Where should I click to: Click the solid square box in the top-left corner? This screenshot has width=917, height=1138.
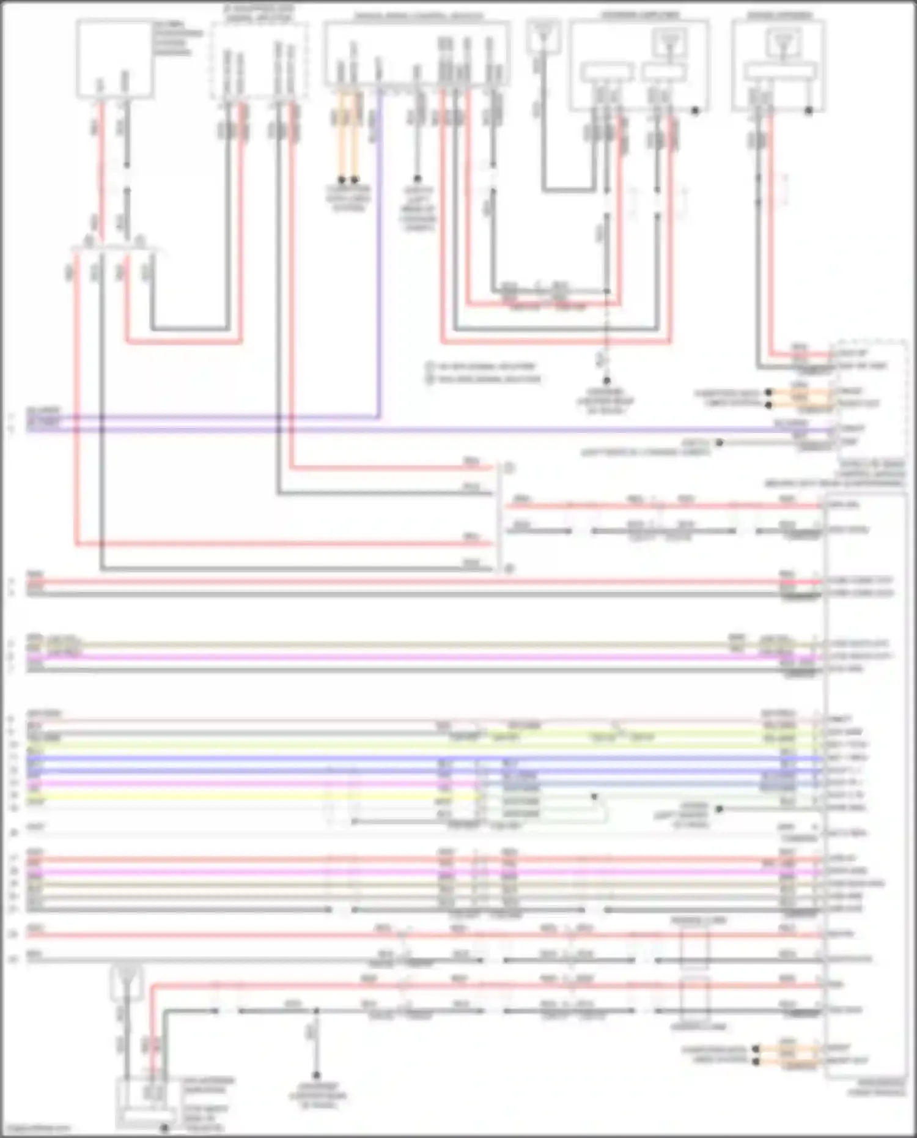[x=114, y=58]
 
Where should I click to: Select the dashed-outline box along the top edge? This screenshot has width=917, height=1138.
[x=259, y=59]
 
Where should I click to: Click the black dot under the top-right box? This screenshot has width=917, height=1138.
[x=809, y=111]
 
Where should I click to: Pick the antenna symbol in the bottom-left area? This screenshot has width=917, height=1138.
[x=126, y=977]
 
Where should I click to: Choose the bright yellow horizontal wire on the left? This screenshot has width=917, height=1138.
[x=245, y=797]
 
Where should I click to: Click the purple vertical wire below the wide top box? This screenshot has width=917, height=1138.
[x=379, y=245]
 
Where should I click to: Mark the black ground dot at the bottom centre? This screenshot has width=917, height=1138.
[x=316, y=1075]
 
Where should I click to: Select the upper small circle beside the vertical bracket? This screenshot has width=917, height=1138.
[x=509, y=468]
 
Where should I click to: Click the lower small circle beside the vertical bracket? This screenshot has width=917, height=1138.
[x=509, y=569]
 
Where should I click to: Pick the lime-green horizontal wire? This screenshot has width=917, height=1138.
[x=367, y=745]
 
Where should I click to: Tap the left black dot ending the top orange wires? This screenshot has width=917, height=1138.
[x=342, y=180]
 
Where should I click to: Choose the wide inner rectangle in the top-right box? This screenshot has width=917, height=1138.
[x=781, y=72]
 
